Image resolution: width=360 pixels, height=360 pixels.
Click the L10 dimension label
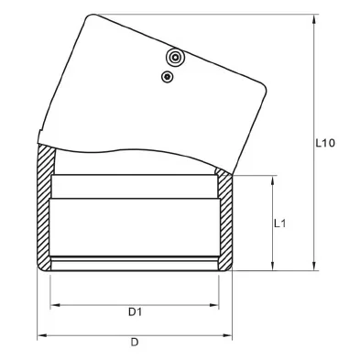[x=325, y=143]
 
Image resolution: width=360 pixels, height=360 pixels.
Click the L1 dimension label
[x=279, y=224]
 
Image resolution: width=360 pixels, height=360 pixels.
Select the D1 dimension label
[x=135, y=312]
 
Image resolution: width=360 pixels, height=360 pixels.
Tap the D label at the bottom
[x=135, y=343]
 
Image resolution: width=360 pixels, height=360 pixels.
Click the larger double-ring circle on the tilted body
[x=175, y=57]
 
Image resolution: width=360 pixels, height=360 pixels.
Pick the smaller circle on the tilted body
[x=167, y=77]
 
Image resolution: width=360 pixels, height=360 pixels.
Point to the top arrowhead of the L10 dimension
[x=314, y=19]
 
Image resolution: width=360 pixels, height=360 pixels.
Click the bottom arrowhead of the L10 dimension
[x=314, y=266]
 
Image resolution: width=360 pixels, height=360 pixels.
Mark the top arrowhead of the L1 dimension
[x=272, y=180]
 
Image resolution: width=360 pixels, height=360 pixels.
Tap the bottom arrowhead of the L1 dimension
[x=272, y=266]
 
